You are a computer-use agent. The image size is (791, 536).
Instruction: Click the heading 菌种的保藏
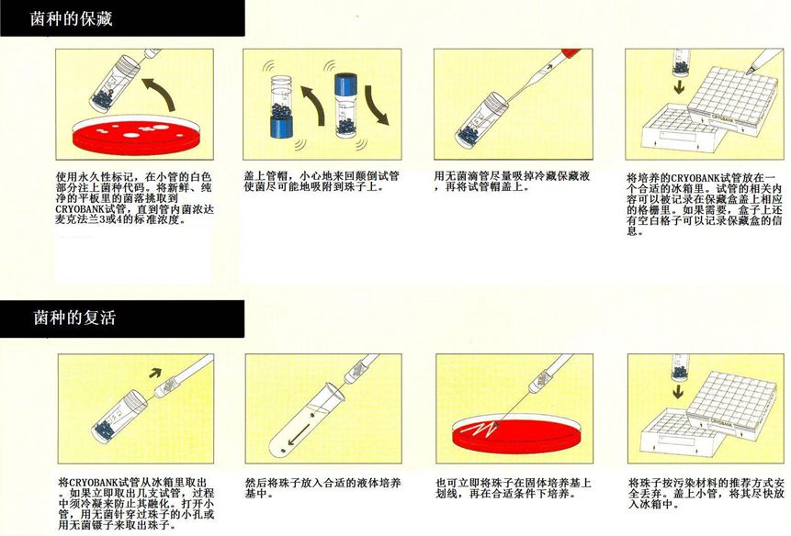[71, 19]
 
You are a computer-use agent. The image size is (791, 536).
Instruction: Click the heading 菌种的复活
[74, 318]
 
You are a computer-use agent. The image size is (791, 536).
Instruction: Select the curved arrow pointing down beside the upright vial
[378, 105]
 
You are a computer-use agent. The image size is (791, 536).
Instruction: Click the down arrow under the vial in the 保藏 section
[680, 87]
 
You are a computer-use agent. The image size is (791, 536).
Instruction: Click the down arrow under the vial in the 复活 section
[678, 392]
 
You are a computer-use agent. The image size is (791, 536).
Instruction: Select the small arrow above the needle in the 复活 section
[155, 373]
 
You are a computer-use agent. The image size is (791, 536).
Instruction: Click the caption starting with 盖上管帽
[322, 182]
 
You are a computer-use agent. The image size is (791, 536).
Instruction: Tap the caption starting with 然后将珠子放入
[322, 488]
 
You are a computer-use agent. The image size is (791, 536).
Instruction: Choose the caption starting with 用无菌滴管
[512, 182]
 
